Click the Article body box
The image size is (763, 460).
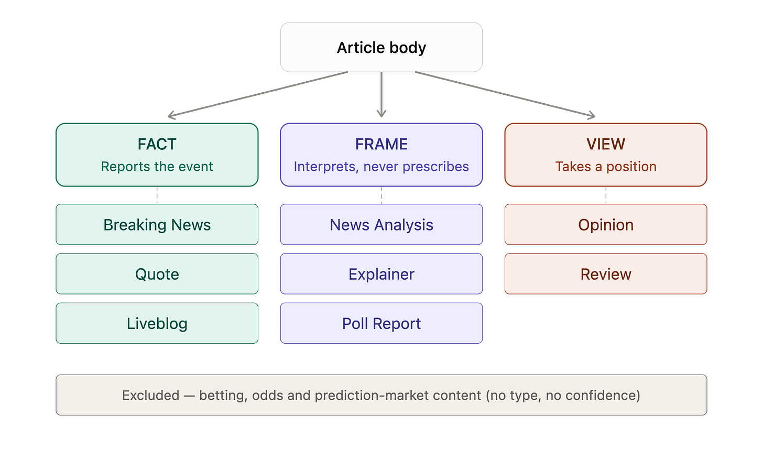click(381, 47)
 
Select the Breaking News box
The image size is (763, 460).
click(157, 224)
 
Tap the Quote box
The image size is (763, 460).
click(157, 274)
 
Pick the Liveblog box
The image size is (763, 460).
click(157, 323)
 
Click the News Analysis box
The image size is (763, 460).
click(381, 224)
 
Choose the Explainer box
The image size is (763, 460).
click(381, 274)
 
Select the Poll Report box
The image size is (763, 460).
click(381, 323)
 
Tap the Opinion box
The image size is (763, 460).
click(606, 224)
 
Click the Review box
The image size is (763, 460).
click(606, 274)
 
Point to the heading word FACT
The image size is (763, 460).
click(157, 144)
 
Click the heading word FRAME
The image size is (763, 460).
click(381, 144)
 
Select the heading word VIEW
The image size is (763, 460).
click(606, 144)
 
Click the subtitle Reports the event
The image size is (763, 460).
click(157, 167)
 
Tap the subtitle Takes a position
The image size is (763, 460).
click(606, 167)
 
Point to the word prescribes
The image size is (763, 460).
click(435, 167)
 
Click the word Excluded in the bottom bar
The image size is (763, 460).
click(150, 396)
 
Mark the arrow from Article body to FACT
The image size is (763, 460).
click(258, 94)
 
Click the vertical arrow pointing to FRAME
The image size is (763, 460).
click(381, 94)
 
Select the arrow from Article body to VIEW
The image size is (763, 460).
click(505, 94)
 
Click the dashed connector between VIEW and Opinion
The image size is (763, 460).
click(606, 195)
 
